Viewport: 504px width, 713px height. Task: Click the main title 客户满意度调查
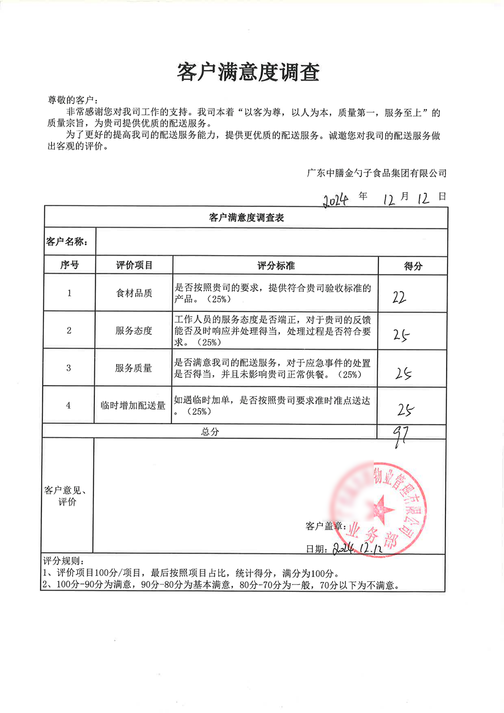tap(248, 72)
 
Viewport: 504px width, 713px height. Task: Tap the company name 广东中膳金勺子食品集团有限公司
tap(376, 173)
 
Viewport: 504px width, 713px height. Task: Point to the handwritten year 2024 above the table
tap(336, 200)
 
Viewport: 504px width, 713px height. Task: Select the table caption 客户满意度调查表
tap(246, 218)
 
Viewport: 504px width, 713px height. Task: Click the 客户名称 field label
tap(67, 242)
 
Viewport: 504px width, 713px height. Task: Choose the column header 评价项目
tap(134, 265)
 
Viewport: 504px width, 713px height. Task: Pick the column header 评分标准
tap(276, 266)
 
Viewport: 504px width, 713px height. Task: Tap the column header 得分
tap(413, 266)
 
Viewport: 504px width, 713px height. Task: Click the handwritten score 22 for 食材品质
tap(399, 298)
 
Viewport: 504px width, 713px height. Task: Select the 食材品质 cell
tap(134, 293)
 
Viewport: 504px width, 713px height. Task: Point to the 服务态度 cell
tap(134, 331)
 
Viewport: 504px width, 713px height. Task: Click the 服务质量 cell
tap(134, 368)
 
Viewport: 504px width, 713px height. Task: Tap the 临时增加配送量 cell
tap(133, 405)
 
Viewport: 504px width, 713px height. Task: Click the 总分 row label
tap(210, 432)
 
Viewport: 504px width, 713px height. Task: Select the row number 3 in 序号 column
tap(69, 368)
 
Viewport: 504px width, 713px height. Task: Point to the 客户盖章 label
tap(325, 526)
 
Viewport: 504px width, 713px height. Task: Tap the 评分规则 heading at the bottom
tap(64, 561)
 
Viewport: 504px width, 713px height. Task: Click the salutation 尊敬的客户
tap(72, 100)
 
